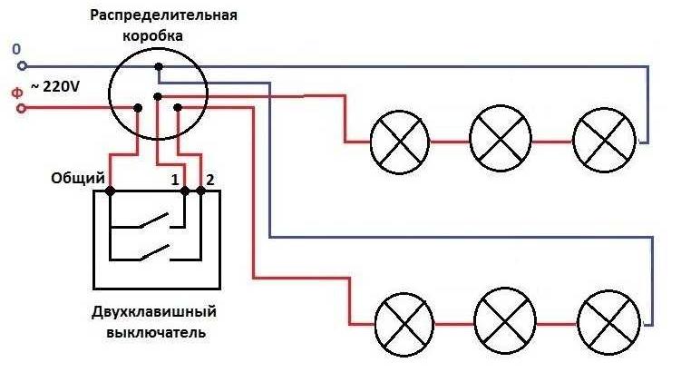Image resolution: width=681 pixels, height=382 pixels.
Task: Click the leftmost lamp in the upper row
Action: pyautogui.click(x=399, y=142)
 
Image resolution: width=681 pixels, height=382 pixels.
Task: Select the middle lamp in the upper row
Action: pyautogui.click(x=501, y=142)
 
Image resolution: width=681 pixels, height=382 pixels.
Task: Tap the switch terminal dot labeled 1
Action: pyautogui.click(x=185, y=191)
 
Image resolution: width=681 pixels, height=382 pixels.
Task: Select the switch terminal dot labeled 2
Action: pyautogui.click(x=200, y=191)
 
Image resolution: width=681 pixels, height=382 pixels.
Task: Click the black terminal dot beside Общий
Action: pyautogui.click(x=110, y=191)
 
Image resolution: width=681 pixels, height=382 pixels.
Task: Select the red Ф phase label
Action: pyautogui.click(x=15, y=92)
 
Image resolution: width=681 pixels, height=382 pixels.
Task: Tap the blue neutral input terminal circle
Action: pyautogui.click(x=23, y=66)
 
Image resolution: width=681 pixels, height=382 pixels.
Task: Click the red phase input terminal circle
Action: pyautogui.click(x=23, y=109)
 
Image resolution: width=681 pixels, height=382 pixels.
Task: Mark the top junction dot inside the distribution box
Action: pyautogui.click(x=158, y=66)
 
